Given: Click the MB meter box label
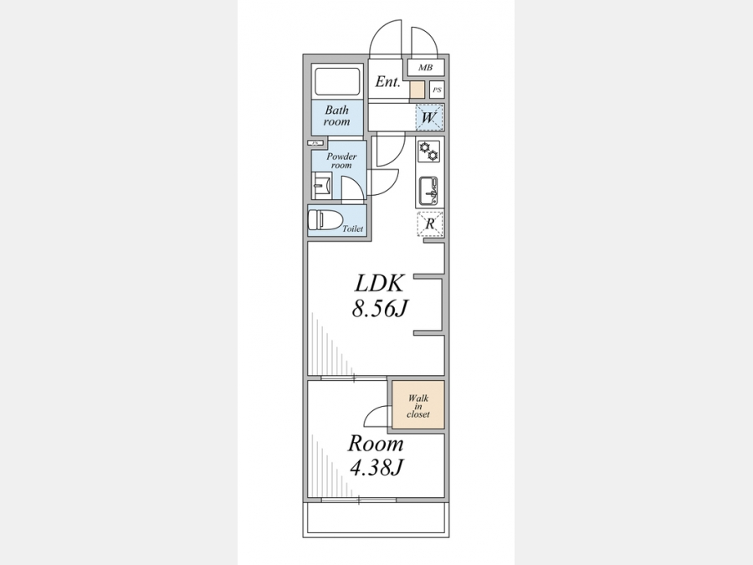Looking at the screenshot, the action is click(425, 68).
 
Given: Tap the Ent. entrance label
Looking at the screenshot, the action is click(387, 82).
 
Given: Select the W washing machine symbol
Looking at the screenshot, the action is click(429, 117).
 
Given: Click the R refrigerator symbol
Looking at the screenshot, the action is click(430, 223).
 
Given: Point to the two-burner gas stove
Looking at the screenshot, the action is click(428, 151).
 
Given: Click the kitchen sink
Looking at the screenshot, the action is click(428, 189).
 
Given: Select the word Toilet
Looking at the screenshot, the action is click(352, 229).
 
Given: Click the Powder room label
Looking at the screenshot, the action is click(341, 161).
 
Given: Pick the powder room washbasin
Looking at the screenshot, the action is click(321, 186).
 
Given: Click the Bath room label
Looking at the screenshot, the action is click(336, 116).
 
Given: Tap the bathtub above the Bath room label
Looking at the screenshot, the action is click(336, 82).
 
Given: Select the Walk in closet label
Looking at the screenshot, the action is click(418, 406).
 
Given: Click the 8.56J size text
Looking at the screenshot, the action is click(379, 309).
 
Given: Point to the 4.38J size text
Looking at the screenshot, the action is click(376, 467).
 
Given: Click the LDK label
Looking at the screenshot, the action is click(379, 284).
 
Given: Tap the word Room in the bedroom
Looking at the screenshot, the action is click(376, 444).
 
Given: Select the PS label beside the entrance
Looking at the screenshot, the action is click(437, 90).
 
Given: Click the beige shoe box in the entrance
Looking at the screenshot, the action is click(417, 90).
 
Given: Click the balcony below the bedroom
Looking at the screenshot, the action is click(376, 520).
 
